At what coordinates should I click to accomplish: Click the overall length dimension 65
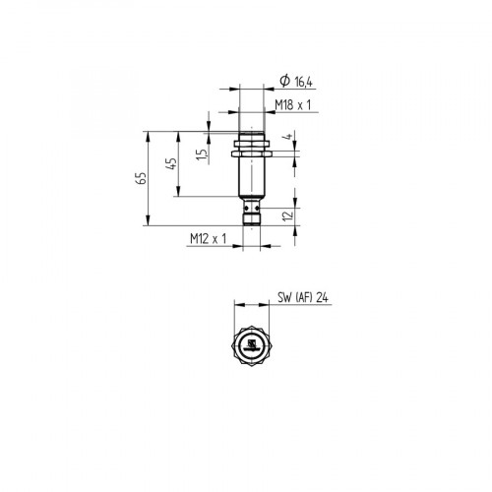coord(142,177)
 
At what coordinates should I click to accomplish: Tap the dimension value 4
coord(288,140)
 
